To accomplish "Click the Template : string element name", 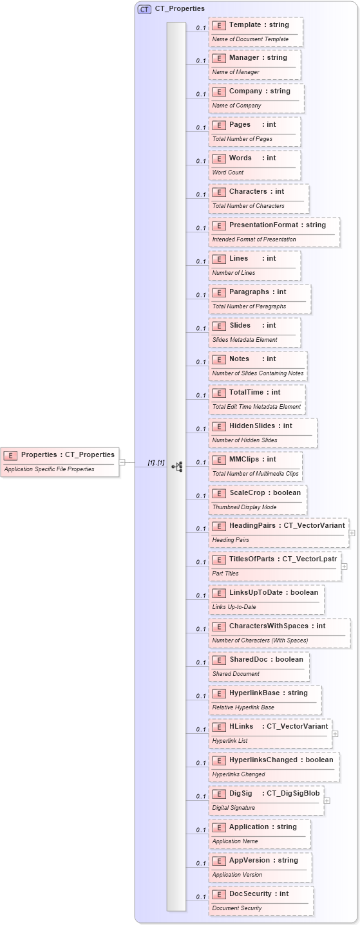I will pyautogui.click(x=259, y=24).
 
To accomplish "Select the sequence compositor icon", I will pyautogui.click(x=177, y=466).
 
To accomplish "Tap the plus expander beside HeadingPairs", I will pyautogui.click(x=352, y=533).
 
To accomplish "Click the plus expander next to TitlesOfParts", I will pyautogui.click(x=344, y=566).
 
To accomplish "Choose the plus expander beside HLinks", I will pyautogui.click(x=335, y=734).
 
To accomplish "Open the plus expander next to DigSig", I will pyautogui.click(x=327, y=801).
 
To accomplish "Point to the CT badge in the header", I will pyautogui.click(x=144, y=9).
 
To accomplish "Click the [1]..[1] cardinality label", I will pyautogui.click(x=156, y=462).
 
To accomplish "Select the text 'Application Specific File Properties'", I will pyautogui.click(x=49, y=469).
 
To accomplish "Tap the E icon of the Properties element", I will pyautogui.click(x=10, y=455).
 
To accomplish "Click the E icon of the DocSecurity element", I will pyautogui.click(x=218, y=893).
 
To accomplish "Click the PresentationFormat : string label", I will pyautogui.click(x=278, y=225).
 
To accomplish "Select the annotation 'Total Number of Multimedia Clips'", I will pyautogui.click(x=256, y=474).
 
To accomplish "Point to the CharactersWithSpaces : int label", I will pyautogui.click(x=277, y=626).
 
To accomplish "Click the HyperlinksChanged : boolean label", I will pyautogui.click(x=281, y=760).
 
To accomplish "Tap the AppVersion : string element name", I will pyautogui.click(x=263, y=860).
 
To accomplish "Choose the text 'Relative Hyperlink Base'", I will pyautogui.click(x=243, y=707).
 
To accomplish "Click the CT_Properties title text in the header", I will pyautogui.click(x=180, y=9).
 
